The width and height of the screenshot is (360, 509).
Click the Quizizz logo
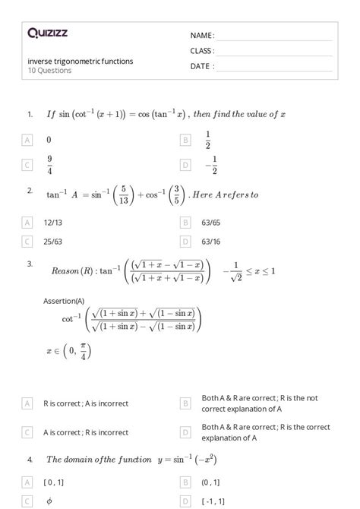tap(47, 33)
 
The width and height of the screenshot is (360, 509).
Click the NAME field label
tap(202, 36)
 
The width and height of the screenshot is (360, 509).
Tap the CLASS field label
tap(202, 51)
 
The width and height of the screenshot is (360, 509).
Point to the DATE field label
tap(202, 66)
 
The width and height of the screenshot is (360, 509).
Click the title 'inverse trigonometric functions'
tap(70, 61)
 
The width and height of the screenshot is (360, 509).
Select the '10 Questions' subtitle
tap(49, 71)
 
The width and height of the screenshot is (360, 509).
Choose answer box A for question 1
tap(28, 140)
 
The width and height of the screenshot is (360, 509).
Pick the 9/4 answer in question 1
tap(49, 164)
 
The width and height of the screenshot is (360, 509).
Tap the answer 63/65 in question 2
tap(211, 222)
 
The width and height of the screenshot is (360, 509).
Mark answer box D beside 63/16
tap(185, 241)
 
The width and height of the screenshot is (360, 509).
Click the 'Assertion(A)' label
tap(64, 301)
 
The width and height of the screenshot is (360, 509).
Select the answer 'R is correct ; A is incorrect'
tap(86, 403)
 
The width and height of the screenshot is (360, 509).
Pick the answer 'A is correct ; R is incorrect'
tap(86, 432)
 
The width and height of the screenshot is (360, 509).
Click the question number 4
tap(30, 460)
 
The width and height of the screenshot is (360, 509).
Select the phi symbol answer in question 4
tap(49, 501)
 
